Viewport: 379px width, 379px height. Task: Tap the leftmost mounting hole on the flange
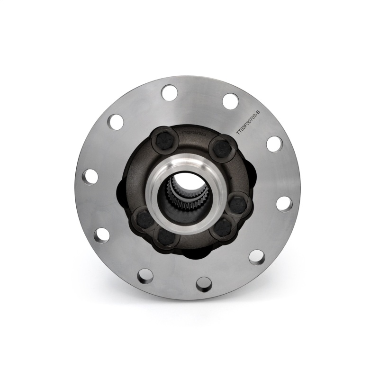(90, 176)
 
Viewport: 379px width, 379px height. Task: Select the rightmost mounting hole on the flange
(284, 204)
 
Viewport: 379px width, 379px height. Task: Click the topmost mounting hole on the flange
(169, 93)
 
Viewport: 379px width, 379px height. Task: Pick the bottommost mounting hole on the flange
(204, 284)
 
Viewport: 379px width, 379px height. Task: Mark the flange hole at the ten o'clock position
(115, 122)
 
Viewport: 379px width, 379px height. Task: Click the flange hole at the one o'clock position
(230, 101)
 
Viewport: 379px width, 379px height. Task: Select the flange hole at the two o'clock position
(274, 144)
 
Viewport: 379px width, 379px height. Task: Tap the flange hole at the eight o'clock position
(101, 235)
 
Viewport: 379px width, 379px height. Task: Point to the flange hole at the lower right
(257, 257)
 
